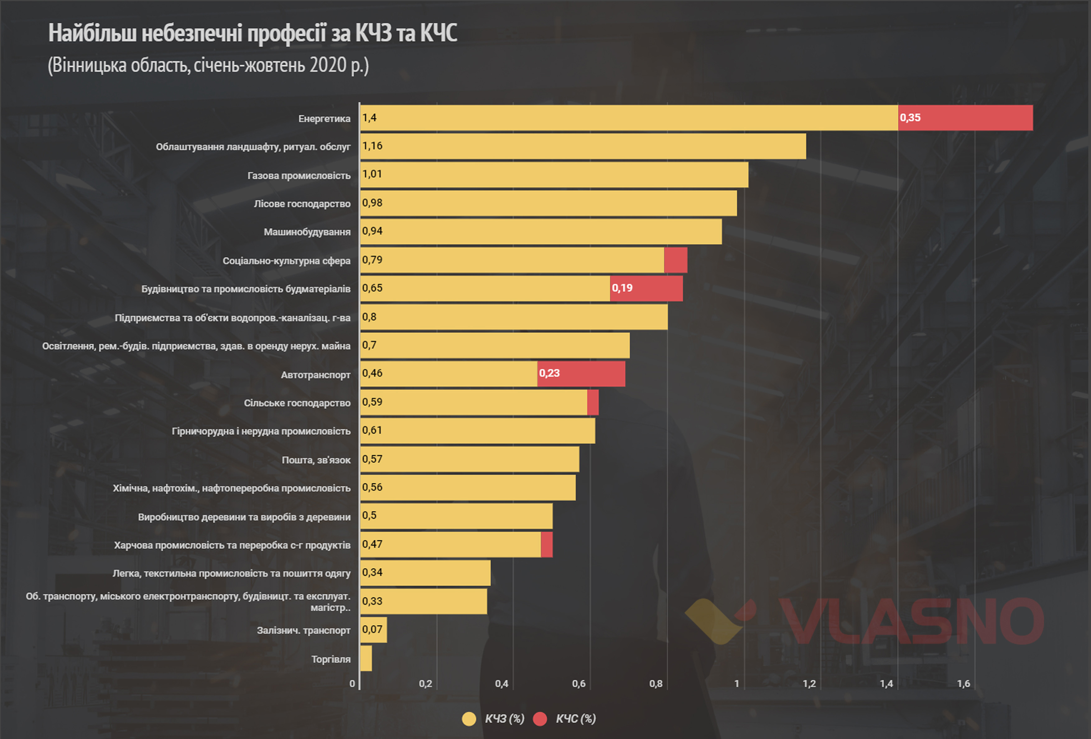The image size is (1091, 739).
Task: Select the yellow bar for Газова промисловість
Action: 555,175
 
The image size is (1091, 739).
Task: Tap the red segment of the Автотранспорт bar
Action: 581,374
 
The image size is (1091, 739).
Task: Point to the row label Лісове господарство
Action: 302,204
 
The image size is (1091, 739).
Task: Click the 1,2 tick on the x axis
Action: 809,684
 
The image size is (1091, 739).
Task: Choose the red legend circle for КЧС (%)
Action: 540,719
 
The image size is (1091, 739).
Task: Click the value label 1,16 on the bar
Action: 372,146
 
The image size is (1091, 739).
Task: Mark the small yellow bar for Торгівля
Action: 366,658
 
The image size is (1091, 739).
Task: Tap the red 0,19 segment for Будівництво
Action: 647,288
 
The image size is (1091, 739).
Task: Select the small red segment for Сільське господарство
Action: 593,402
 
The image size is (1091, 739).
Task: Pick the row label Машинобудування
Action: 307,232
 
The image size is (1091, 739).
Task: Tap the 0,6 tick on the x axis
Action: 578,684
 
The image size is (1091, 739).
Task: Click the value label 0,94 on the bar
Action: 372,231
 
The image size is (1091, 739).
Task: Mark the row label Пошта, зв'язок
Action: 316,460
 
